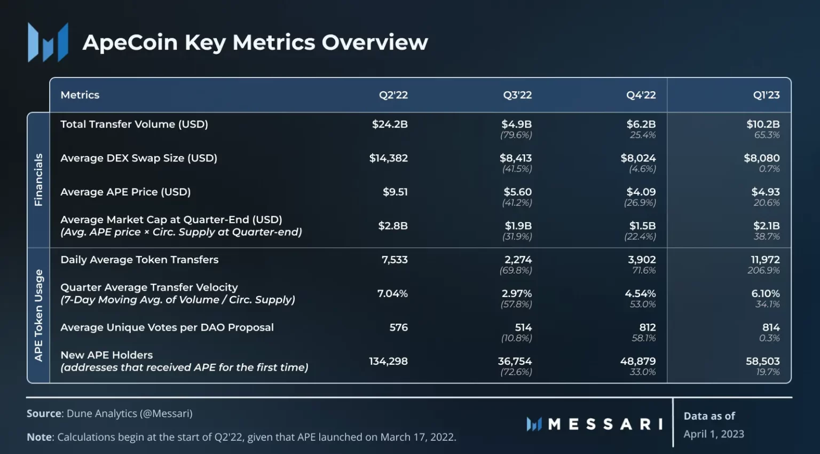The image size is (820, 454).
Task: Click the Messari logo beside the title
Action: point(48,42)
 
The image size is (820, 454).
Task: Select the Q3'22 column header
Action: point(517,95)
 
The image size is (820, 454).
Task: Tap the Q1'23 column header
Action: point(766,95)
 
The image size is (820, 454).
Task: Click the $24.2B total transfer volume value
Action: point(390,124)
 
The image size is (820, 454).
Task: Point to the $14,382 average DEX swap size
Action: point(389,158)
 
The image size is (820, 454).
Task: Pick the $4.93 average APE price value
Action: point(766,192)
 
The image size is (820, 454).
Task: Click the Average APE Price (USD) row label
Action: point(125,192)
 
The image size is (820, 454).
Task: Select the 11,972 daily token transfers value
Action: point(765,260)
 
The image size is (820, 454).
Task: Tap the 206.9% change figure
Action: point(763,270)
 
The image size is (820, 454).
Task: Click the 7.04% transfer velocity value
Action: point(392,294)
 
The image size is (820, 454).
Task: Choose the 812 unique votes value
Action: point(648,327)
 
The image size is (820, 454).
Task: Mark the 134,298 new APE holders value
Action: point(389,362)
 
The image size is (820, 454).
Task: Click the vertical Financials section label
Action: point(38,180)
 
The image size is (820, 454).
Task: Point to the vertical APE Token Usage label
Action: point(38,316)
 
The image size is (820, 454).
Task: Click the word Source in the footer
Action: point(44,413)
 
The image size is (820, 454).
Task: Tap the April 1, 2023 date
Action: point(714,434)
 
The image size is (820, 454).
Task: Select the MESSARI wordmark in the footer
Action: point(595,424)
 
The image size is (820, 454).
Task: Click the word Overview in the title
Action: point(375,42)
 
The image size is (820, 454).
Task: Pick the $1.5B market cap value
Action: point(642,226)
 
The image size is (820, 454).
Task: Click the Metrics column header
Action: point(80,95)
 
